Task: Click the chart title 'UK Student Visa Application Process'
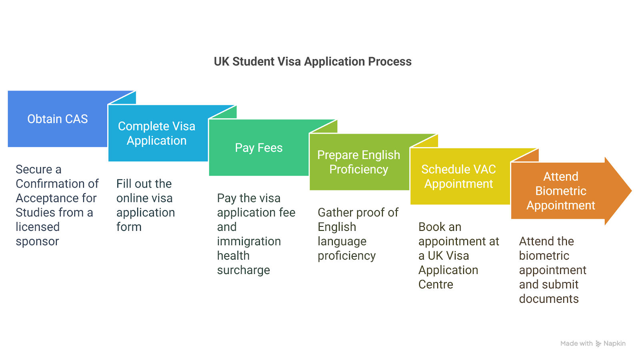tap(312, 62)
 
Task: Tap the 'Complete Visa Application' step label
tap(156, 133)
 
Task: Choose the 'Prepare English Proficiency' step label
tap(358, 162)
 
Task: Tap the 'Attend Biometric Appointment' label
tap(560, 191)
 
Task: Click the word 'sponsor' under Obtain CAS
tap(37, 242)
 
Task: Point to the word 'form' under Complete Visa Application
tap(129, 227)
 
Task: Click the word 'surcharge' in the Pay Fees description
tap(243, 270)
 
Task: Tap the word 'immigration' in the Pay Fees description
tap(249, 242)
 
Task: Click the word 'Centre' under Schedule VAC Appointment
tap(436, 285)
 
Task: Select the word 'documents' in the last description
tap(548, 299)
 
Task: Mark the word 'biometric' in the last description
tap(544, 256)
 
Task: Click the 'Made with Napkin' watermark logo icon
tap(598, 344)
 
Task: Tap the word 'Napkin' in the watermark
tap(614, 344)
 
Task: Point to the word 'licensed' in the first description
tap(38, 227)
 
